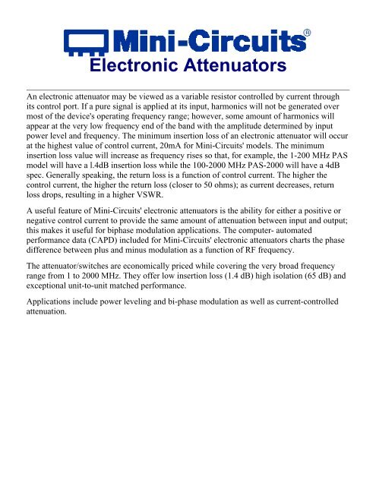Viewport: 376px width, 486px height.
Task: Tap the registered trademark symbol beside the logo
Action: pos(306,33)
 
